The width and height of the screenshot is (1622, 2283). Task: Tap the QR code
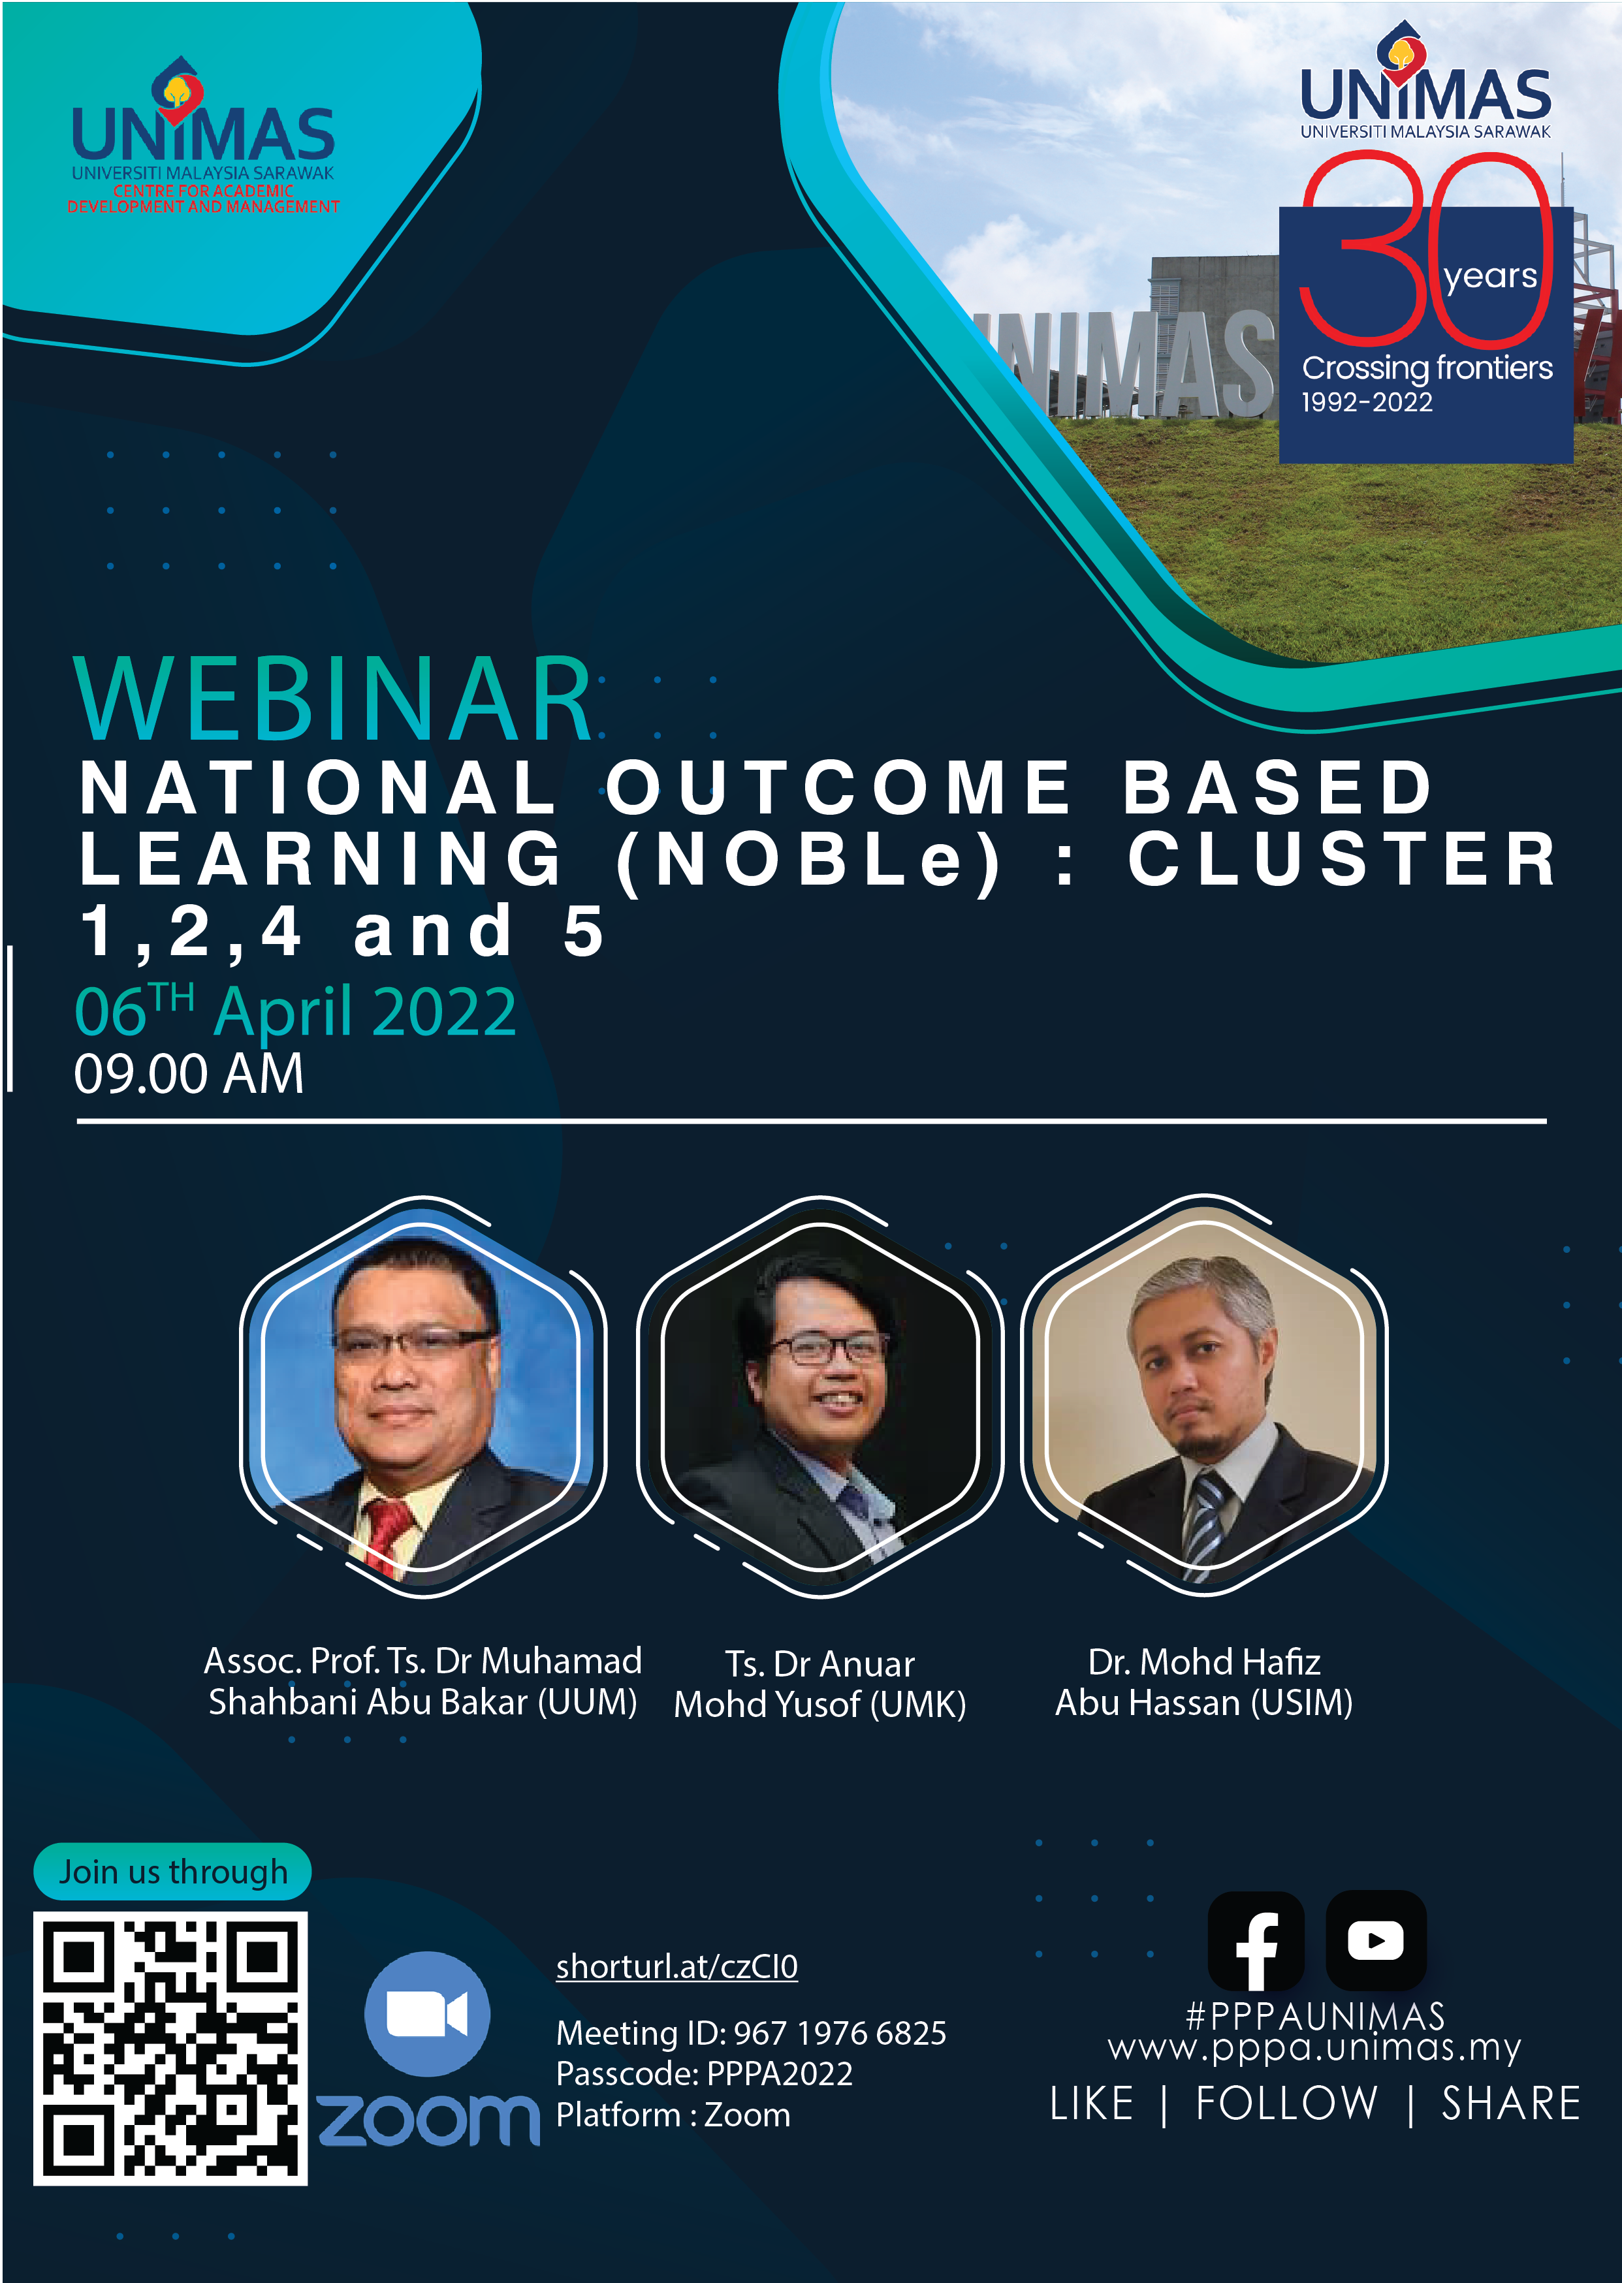pos(170,2049)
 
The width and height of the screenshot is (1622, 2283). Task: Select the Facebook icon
pos(1256,1940)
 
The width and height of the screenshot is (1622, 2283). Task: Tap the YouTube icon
pos(1375,1940)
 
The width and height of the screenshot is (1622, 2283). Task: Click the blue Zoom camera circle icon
pos(428,2013)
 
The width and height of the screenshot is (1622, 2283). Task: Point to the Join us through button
pos(173,1872)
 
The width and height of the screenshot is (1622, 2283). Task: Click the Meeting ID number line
pos(751,2034)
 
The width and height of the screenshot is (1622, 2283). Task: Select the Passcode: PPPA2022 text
pos(704,2074)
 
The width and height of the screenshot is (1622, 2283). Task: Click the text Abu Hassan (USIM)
pos(1203,1703)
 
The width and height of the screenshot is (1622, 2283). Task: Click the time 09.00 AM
pos(189,1073)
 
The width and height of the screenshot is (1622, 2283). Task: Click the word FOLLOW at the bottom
pos(1286,2104)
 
